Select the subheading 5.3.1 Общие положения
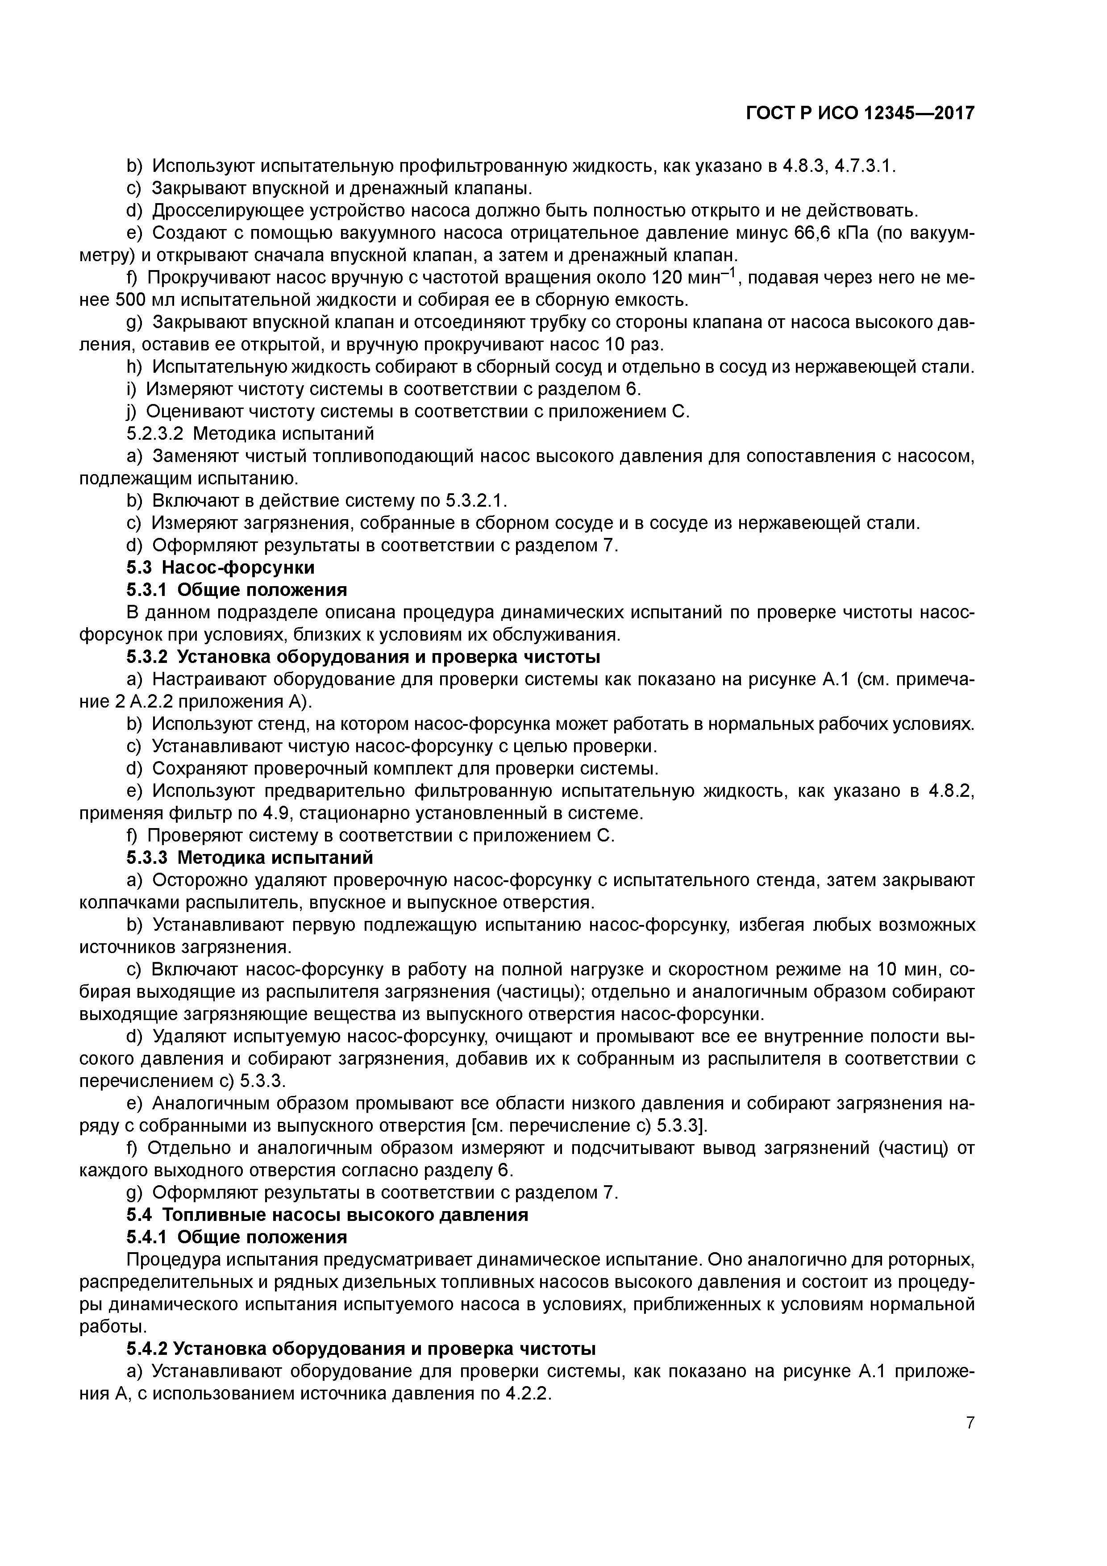click(x=237, y=590)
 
